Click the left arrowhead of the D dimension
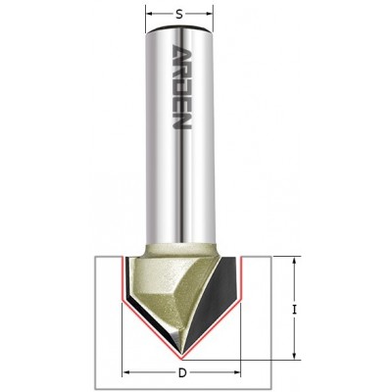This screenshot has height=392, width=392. point(125,373)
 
